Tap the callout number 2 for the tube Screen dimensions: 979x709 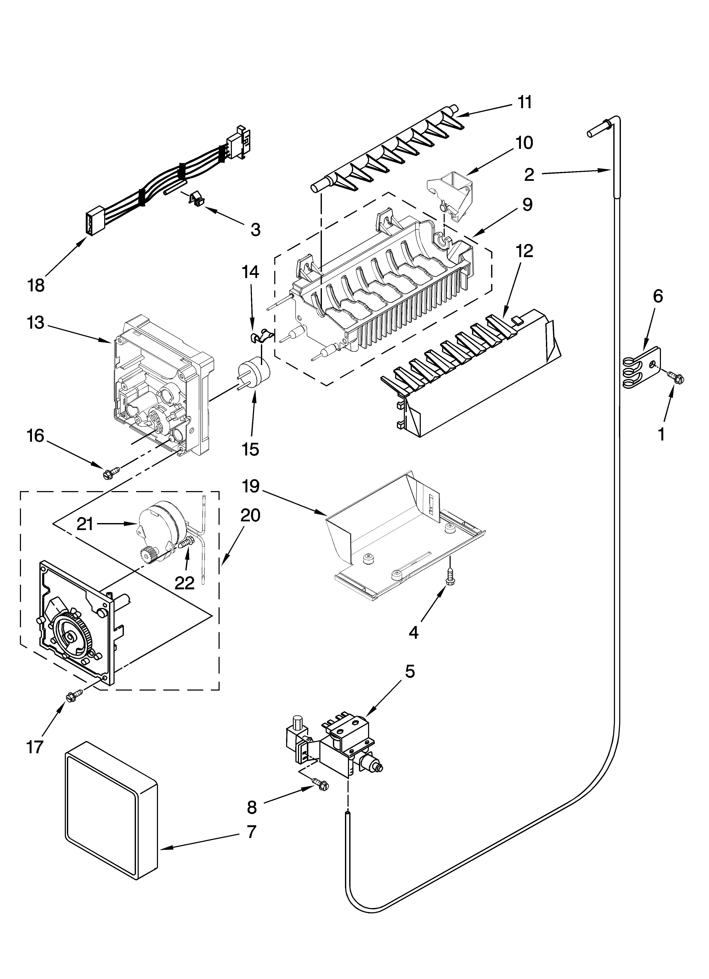coord(529,175)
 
